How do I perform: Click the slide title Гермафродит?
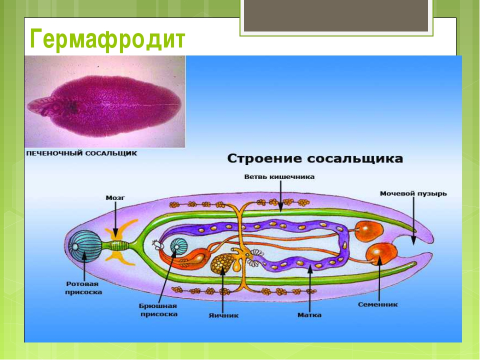(x=107, y=39)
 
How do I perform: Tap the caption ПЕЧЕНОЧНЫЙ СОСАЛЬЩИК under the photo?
(x=81, y=153)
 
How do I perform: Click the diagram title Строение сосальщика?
(x=315, y=159)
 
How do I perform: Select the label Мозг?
(x=115, y=198)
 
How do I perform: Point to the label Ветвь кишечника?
(x=279, y=177)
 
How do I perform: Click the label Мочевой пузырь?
(x=413, y=194)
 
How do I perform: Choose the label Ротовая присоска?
(x=83, y=288)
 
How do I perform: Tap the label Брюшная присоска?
(x=158, y=310)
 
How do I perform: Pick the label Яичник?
(x=223, y=315)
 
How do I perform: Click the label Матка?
(x=309, y=315)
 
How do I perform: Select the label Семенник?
(x=378, y=304)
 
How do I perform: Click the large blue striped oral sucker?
(x=83, y=246)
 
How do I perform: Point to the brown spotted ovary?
(x=222, y=263)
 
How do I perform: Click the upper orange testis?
(x=368, y=231)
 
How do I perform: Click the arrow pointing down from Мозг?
(x=115, y=219)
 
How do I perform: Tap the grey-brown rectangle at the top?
(x=336, y=15)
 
